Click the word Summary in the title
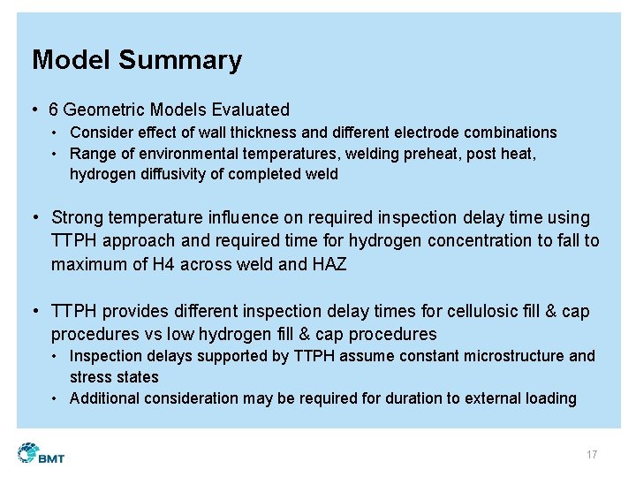pos(179,60)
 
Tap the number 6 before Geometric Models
pos(54,110)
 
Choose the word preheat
pos(436,154)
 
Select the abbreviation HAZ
pos(329,263)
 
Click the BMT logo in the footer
pos(41,454)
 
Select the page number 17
pos(591,455)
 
